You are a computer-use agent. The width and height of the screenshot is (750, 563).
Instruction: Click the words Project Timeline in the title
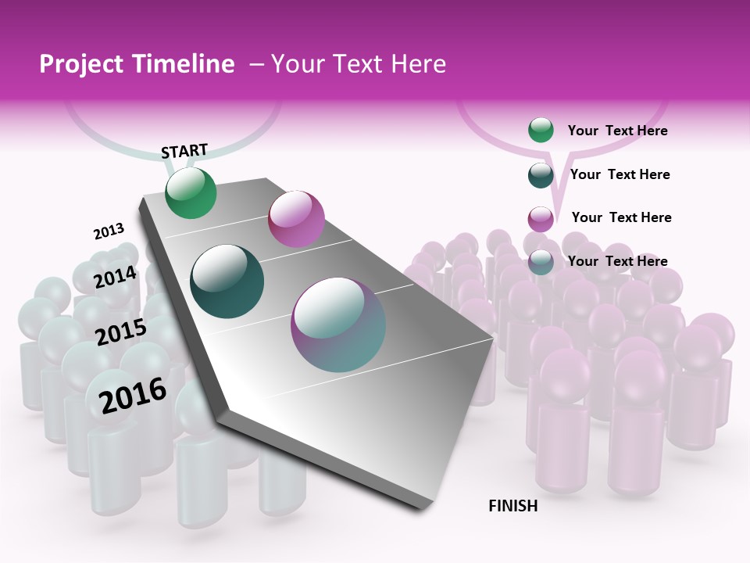137,64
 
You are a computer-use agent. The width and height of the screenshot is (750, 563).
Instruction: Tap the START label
184,151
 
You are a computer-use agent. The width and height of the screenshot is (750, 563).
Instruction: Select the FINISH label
513,506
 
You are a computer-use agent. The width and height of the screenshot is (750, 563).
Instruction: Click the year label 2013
109,231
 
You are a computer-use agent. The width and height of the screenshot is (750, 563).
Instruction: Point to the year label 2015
121,332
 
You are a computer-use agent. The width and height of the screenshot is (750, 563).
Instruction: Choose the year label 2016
133,395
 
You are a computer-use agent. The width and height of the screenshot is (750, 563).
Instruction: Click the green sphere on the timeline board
191,192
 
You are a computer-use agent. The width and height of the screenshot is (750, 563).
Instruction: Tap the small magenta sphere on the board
296,218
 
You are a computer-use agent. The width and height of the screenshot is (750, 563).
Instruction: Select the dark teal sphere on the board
227,281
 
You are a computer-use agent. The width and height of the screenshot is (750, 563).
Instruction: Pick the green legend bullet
541,131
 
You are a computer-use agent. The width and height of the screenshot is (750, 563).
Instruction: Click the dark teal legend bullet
541,175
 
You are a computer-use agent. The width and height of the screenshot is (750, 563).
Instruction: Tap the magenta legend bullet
541,219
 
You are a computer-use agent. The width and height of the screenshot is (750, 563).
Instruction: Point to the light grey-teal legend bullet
541,262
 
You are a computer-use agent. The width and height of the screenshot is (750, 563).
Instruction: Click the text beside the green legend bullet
617,131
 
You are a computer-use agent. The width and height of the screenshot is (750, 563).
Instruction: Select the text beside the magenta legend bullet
621,217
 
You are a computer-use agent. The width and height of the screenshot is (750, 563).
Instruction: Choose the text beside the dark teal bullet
620,174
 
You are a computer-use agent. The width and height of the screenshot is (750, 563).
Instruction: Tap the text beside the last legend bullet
617,261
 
